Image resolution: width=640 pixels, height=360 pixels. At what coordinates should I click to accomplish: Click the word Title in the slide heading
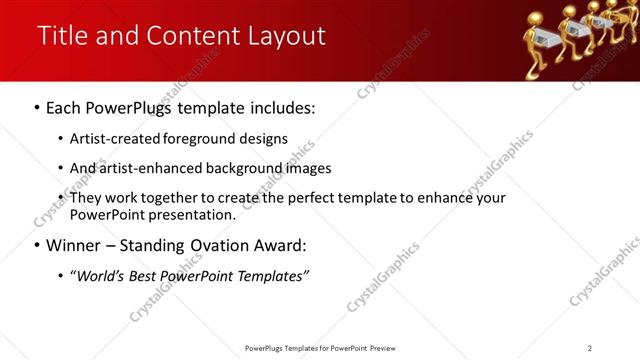point(62,36)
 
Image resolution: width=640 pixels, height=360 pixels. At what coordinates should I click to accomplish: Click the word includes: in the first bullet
point(282,106)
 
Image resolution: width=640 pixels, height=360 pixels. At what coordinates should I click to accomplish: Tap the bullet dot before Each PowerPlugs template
point(37,106)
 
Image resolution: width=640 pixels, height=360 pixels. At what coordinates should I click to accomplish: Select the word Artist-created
point(111,138)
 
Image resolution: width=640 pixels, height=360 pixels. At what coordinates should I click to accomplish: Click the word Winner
point(75,245)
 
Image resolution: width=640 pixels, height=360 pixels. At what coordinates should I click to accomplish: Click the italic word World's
point(96,276)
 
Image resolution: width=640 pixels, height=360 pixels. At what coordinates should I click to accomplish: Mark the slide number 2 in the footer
point(590,348)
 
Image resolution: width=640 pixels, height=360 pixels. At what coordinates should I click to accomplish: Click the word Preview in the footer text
point(382,348)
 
